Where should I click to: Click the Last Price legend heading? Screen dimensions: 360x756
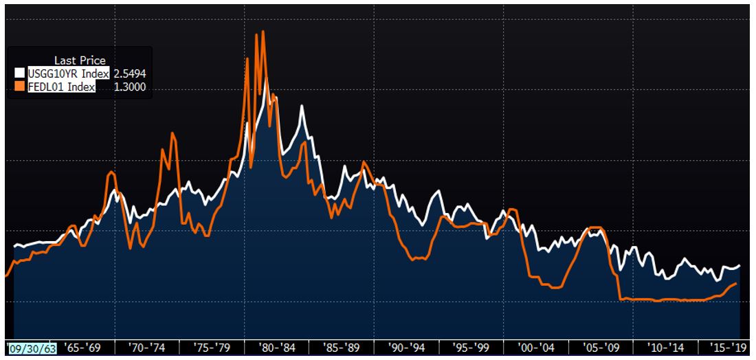tap(80, 60)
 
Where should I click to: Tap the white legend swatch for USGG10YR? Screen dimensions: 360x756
tap(20, 74)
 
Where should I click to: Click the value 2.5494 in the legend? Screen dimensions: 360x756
tap(129, 74)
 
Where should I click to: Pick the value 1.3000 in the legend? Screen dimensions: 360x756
tap(129, 87)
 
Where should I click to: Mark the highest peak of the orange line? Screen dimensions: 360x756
tap(263, 32)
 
